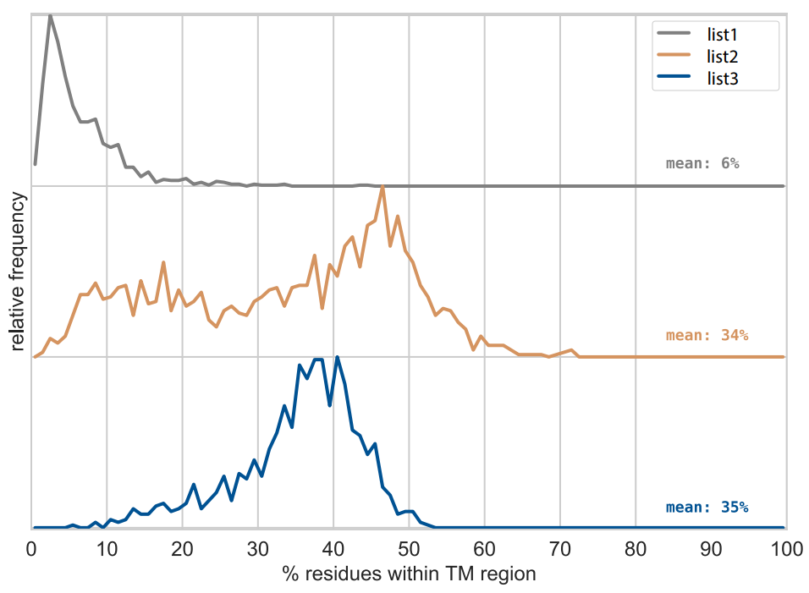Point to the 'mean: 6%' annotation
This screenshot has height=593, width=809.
(702, 163)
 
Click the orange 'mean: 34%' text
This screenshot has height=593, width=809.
(707, 335)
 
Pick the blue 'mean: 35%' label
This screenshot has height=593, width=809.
(707, 508)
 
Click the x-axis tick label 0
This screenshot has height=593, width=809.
(31, 549)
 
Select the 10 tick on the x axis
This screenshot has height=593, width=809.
(107, 549)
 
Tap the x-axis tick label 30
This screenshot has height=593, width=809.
(258, 549)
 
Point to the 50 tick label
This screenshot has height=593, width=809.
(409, 549)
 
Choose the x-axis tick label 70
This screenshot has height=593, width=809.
(560, 549)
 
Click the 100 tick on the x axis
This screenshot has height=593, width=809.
(786, 549)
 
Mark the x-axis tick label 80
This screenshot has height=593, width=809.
(636, 549)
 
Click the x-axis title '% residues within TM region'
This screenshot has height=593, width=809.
(410, 574)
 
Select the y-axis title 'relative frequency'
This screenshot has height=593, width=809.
(18, 272)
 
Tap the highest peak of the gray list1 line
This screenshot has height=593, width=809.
(50, 15)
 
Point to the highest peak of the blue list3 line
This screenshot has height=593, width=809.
(338, 357)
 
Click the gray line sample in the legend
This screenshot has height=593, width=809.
(674, 34)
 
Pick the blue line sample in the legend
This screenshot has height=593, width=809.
(674, 80)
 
